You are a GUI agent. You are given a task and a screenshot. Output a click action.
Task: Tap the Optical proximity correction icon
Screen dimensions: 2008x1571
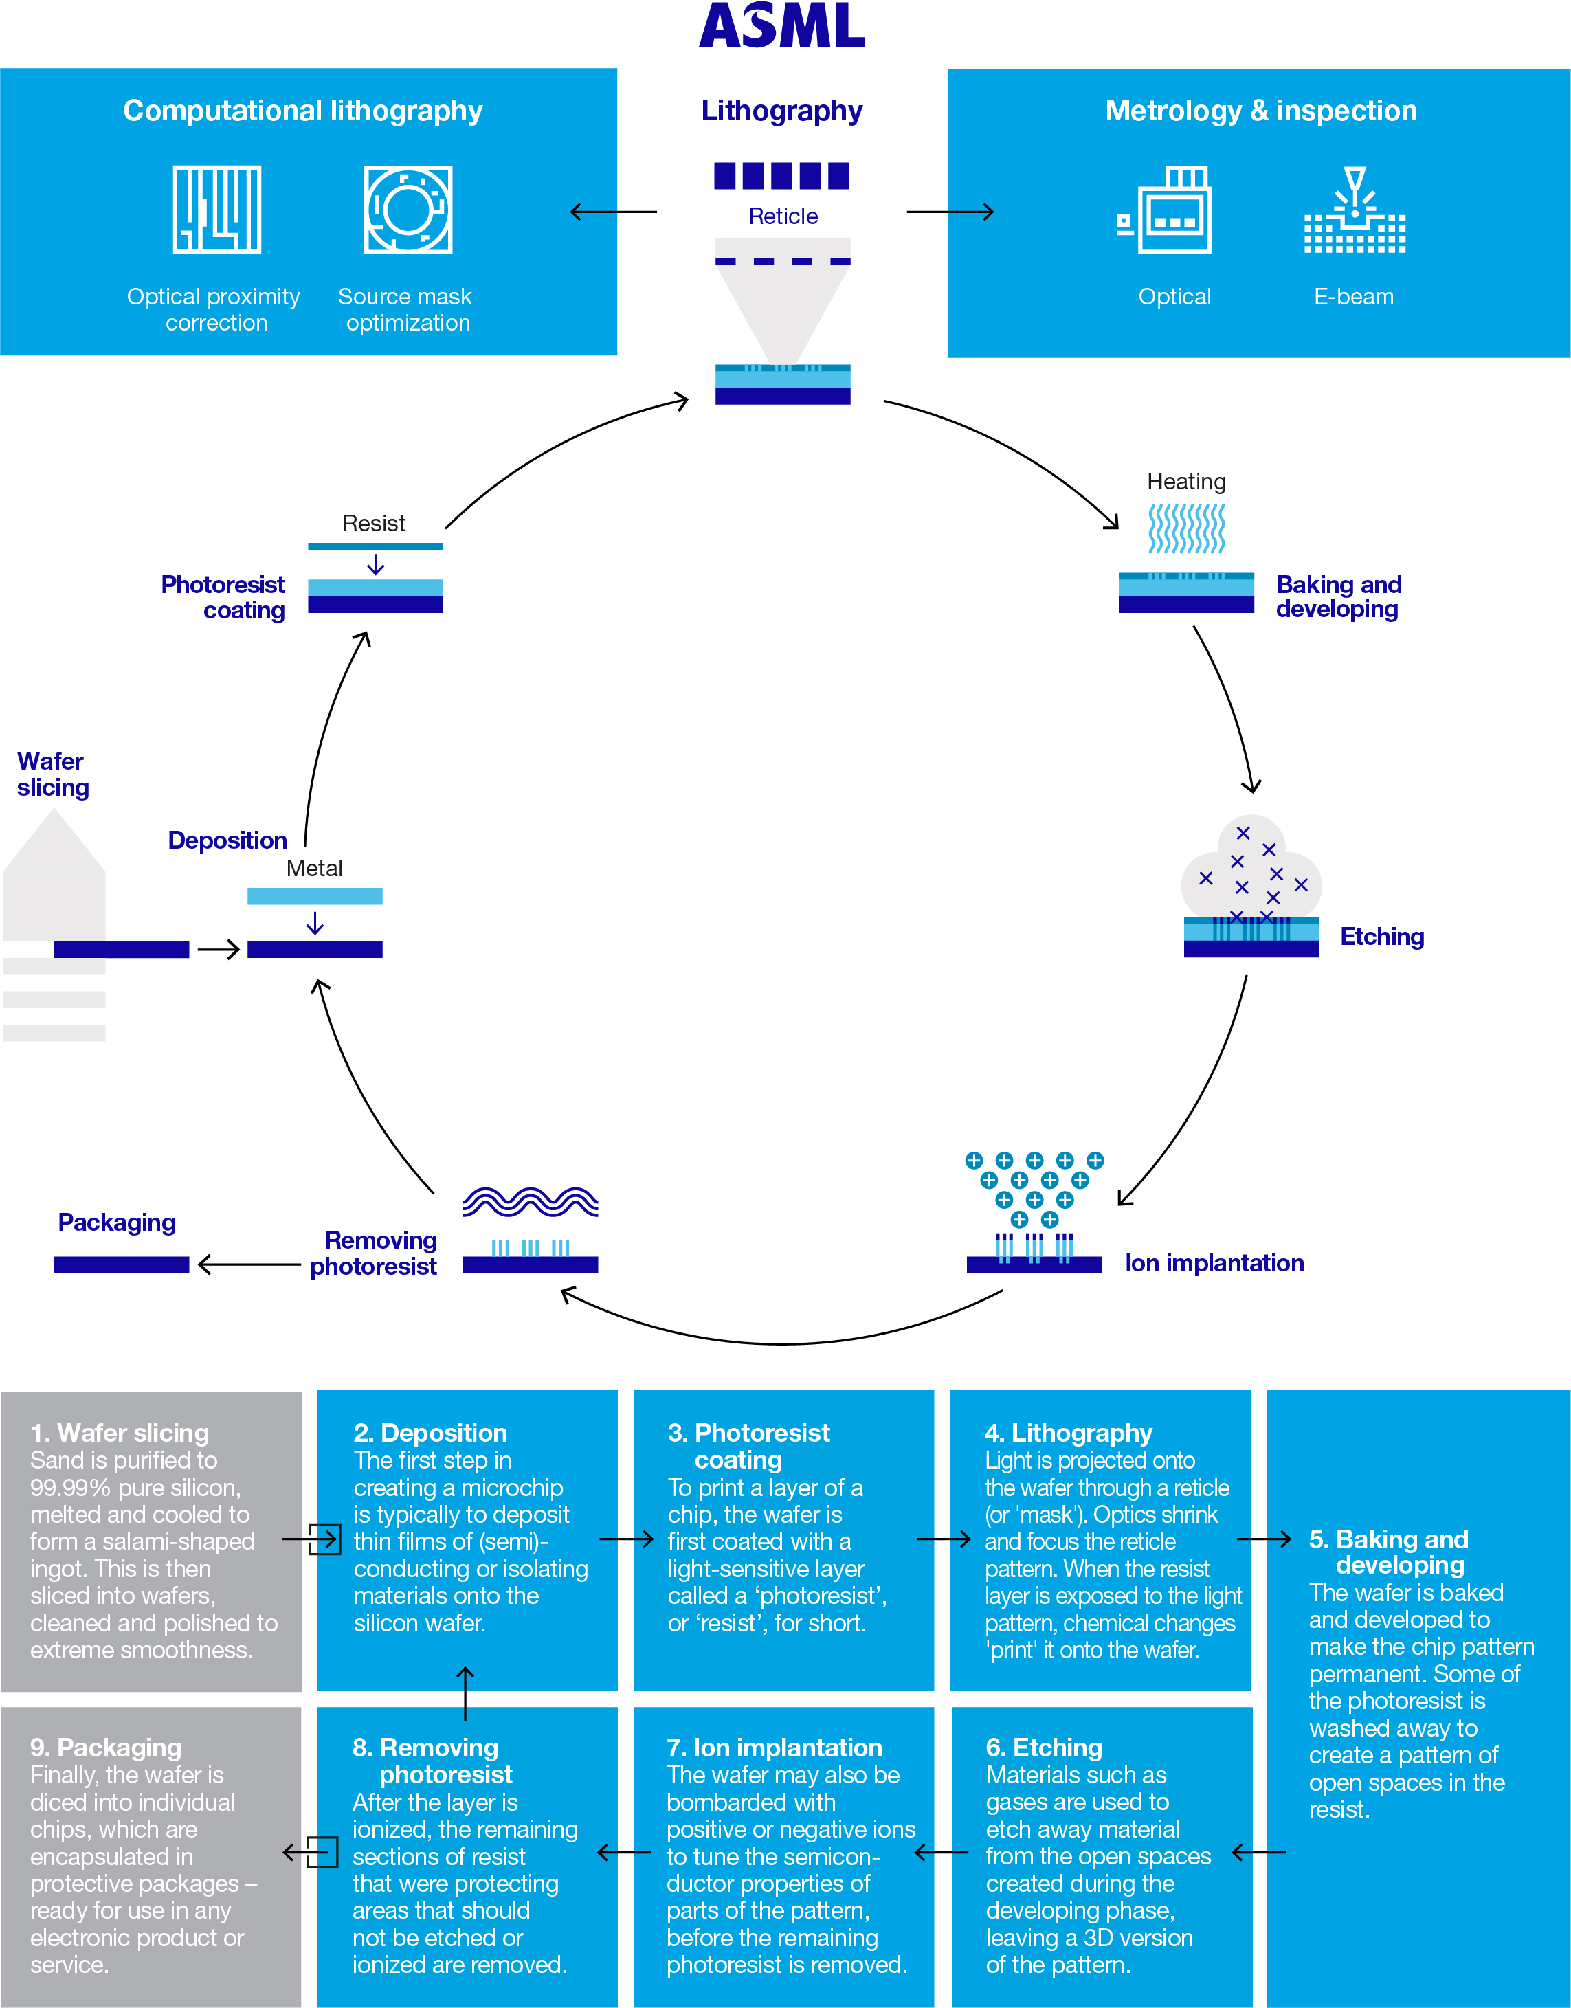tap(217, 210)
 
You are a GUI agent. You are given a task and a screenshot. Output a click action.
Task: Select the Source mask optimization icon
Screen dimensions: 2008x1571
tap(408, 210)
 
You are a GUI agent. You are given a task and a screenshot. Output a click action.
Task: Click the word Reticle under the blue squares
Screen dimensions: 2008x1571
tap(783, 216)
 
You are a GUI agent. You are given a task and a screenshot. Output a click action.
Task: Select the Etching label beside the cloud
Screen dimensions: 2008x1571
tap(1381, 937)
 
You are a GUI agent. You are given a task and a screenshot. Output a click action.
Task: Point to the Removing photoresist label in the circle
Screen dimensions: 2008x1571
tap(375, 1253)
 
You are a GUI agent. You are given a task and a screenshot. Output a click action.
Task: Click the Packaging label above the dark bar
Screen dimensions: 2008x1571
tap(117, 1223)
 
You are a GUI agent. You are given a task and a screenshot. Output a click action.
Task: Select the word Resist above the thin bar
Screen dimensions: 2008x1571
tap(373, 524)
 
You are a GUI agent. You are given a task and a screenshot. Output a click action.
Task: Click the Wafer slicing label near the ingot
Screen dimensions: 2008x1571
tap(52, 774)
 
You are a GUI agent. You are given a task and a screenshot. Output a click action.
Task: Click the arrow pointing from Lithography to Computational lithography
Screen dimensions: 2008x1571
tap(612, 212)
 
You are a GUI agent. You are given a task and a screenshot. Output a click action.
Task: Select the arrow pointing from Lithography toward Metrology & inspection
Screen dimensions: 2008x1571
tap(950, 212)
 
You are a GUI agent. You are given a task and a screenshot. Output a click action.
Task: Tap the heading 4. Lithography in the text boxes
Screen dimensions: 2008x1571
tap(1068, 1433)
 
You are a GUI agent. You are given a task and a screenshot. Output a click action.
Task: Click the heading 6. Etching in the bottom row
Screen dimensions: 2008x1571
tap(1044, 1748)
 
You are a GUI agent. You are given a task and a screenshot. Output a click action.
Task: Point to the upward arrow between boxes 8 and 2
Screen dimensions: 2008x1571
tap(465, 1693)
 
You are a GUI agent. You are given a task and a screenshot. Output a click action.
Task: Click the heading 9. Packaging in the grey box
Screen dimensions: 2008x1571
tap(106, 1748)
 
